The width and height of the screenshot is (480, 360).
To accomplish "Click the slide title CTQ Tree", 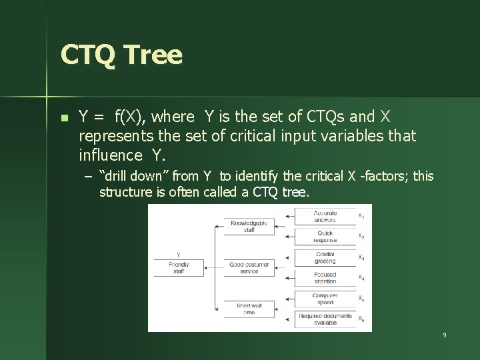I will [121, 54].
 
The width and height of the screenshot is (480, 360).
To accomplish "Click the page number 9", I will [444, 335].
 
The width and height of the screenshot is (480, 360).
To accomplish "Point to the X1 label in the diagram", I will [361, 215].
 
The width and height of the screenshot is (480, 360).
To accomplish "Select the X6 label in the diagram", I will [361, 319].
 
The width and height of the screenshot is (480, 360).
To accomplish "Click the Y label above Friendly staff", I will [178, 255].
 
